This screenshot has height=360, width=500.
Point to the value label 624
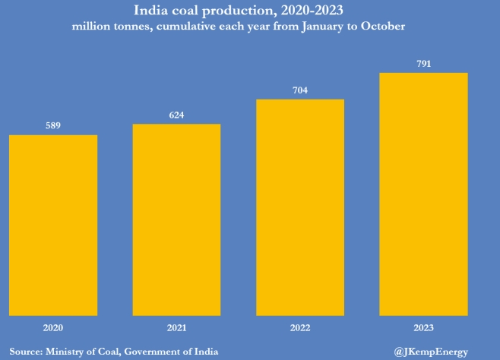click(x=176, y=115)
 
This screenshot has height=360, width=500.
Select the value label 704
click(x=300, y=91)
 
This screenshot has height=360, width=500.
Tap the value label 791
click(x=424, y=65)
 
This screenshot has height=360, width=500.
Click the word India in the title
click(x=151, y=11)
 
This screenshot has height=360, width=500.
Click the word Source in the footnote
click(x=25, y=351)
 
